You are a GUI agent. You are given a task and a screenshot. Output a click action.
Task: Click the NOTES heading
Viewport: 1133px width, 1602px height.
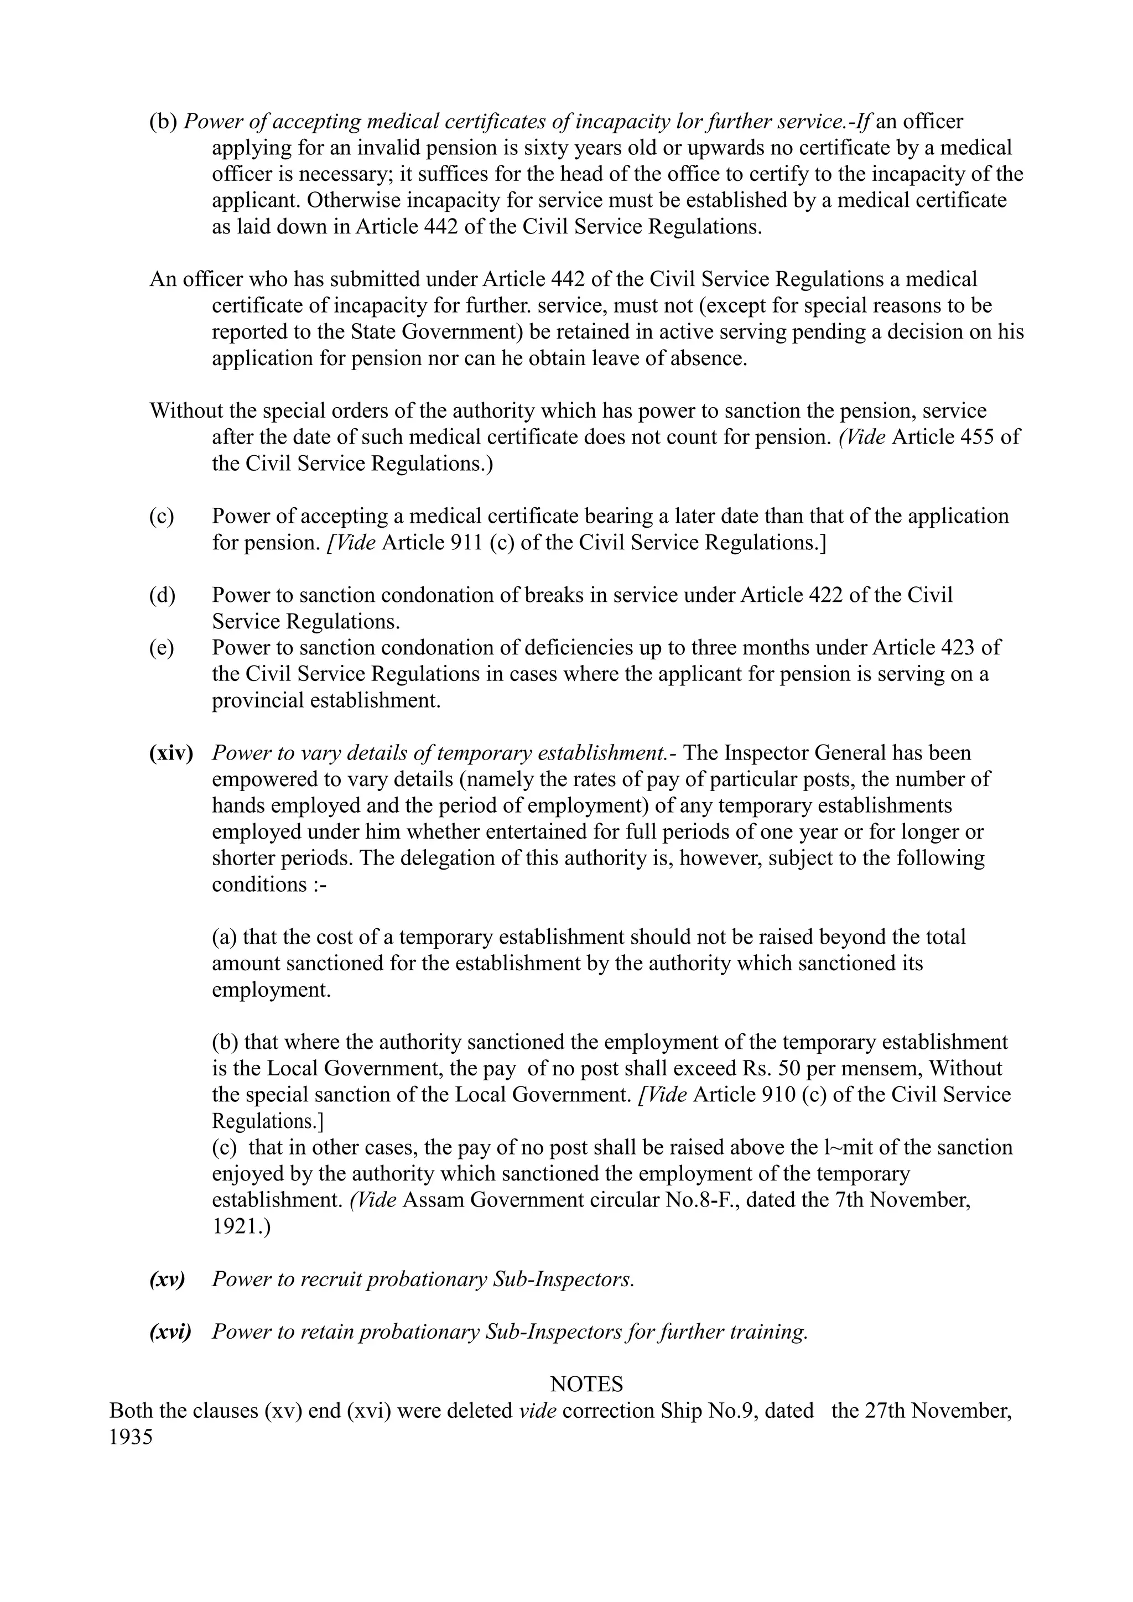pyautogui.click(x=586, y=1383)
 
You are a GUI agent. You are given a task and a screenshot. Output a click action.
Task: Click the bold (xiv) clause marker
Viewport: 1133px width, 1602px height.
pyautogui.click(x=171, y=753)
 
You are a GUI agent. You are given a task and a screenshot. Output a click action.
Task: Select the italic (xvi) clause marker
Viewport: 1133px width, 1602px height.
pyautogui.click(x=169, y=1331)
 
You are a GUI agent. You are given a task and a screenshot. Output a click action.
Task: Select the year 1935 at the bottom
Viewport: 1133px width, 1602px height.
pyautogui.click(x=131, y=1437)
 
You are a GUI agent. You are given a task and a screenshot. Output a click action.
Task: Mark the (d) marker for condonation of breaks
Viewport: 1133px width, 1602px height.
pyautogui.click(x=162, y=595)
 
